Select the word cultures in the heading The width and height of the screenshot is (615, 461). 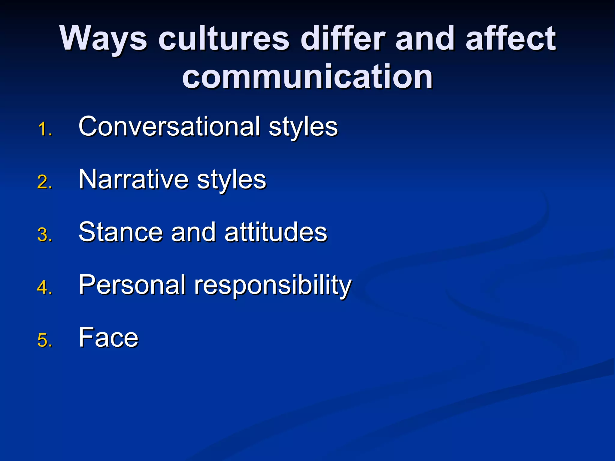224,39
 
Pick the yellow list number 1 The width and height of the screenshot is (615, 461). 45,130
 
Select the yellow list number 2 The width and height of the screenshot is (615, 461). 45,182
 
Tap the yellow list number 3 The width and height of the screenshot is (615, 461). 45,235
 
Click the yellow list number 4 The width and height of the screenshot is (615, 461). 45,287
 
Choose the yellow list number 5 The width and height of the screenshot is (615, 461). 45,340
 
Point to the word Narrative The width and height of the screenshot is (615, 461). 133,179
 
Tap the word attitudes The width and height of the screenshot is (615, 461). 276,232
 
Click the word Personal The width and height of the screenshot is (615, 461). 132,285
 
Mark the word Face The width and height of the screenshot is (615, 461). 108,337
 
